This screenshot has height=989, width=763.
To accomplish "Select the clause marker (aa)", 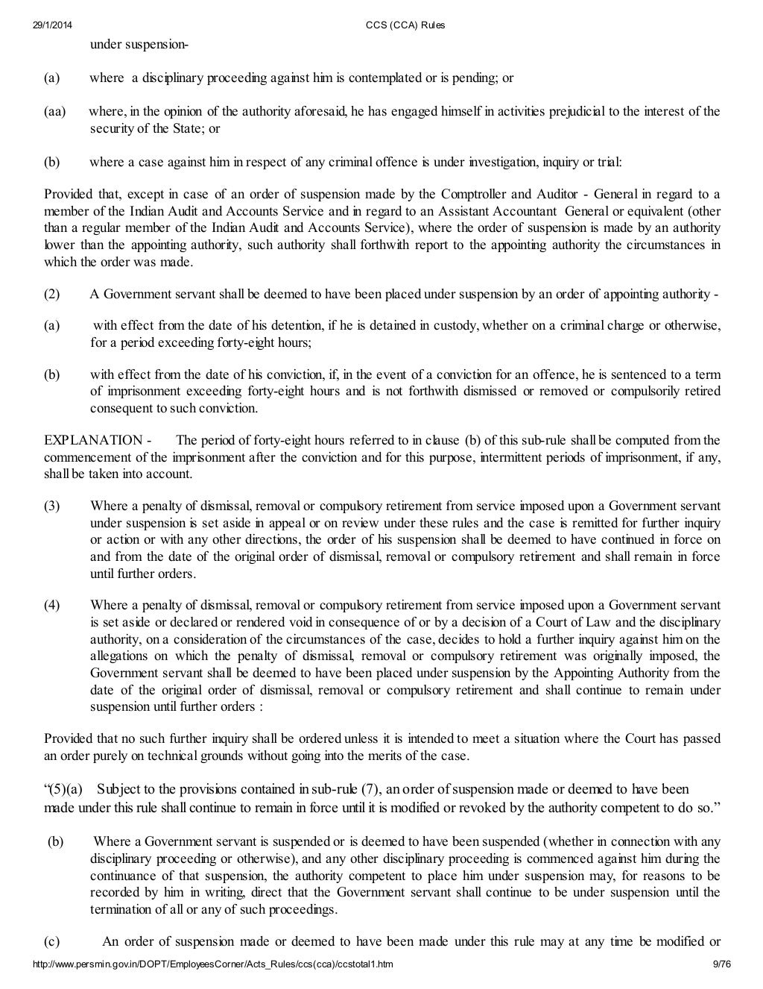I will coord(54,112).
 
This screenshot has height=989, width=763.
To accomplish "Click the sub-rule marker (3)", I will coord(51,506).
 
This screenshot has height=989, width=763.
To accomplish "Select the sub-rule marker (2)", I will coord(51,294).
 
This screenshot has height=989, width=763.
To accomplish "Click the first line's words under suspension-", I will coord(139,44).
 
